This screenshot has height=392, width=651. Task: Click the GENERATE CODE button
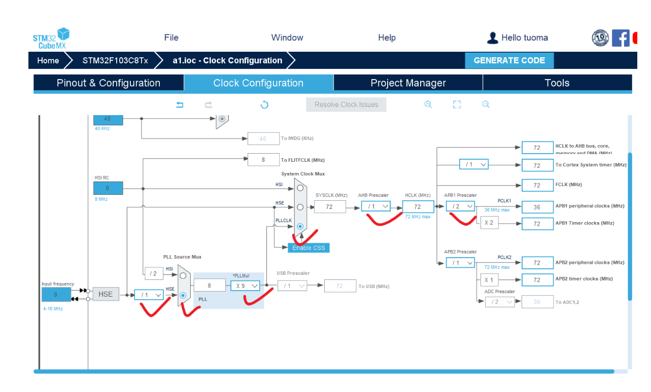tap(509, 60)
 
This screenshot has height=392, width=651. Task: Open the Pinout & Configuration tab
tap(109, 83)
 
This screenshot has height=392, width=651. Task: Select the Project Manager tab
tap(408, 83)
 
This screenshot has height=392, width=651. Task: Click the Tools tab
tap(557, 83)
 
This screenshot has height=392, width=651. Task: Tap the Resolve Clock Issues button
tap(346, 104)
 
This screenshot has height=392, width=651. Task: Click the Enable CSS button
tap(309, 247)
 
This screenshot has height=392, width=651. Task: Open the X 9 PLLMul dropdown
tap(245, 286)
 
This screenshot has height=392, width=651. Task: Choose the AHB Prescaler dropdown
tap(376, 206)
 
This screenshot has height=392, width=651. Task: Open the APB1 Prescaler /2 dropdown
tap(460, 206)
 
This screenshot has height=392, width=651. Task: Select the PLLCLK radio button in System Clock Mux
tap(300, 226)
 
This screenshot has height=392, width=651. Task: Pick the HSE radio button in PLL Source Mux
tap(183, 295)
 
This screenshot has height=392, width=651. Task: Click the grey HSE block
tap(106, 294)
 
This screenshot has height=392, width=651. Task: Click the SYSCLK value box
tap(329, 207)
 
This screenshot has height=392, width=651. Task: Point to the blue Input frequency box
tap(56, 294)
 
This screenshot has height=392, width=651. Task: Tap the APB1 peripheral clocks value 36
tap(537, 207)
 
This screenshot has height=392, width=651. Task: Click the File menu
tap(171, 38)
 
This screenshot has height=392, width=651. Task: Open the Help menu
tap(387, 38)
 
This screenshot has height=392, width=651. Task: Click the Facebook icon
tap(621, 38)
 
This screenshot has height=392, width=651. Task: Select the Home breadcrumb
tap(48, 60)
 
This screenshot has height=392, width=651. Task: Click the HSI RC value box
tap(108, 188)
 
